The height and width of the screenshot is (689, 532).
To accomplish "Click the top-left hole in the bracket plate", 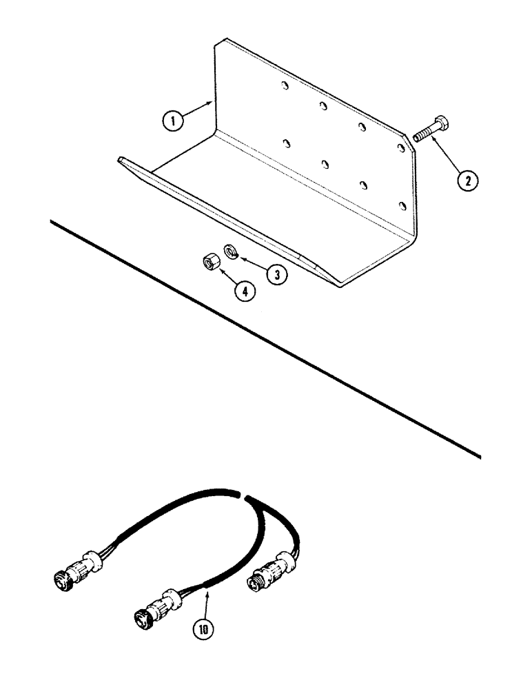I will pyautogui.click(x=284, y=87).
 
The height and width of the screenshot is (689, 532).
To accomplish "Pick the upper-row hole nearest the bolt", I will pyautogui.click(x=400, y=146).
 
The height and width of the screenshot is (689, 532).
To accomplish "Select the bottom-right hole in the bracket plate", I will pyautogui.click(x=402, y=204).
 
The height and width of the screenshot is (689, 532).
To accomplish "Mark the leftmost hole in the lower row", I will pyautogui.click(x=285, y=143).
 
